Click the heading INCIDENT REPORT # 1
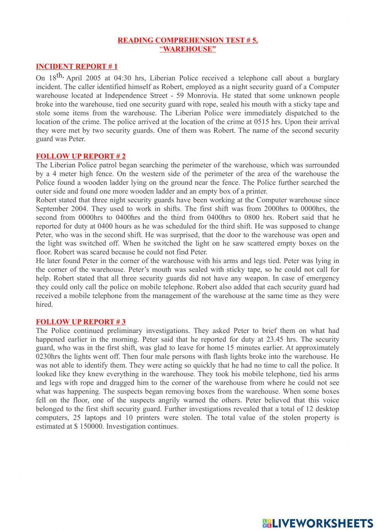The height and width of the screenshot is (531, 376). [77, 67]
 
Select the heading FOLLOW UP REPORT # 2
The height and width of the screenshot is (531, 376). [80, 156]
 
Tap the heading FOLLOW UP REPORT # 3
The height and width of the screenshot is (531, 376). [80, 322]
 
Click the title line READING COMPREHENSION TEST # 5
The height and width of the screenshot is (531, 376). [188, 40]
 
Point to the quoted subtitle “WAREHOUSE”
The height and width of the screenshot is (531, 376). [188, 49]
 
